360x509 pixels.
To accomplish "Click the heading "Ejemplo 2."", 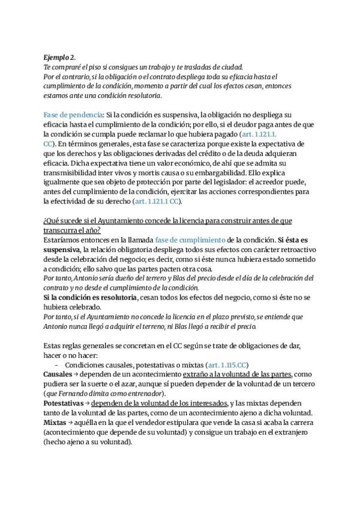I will pos(59,58).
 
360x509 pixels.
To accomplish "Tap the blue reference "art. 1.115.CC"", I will pos(227,364).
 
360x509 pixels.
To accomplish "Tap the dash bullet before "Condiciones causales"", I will pos(56,364).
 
